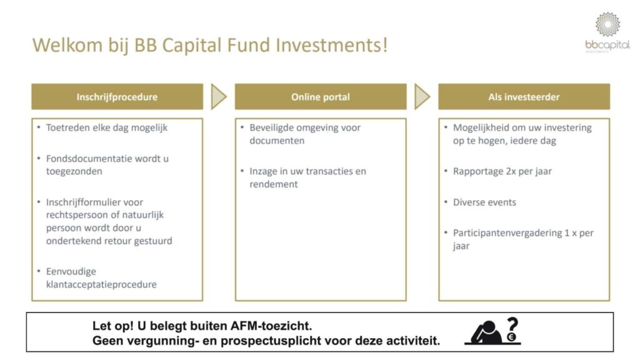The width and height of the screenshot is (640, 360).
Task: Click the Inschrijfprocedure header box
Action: (117, 97)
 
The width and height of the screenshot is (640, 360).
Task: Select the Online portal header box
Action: (320, 97)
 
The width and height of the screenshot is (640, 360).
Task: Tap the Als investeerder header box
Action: (524, 97)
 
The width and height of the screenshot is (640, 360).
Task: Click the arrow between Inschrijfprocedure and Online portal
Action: (218, 97)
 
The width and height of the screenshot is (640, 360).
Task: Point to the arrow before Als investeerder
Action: (422, 97)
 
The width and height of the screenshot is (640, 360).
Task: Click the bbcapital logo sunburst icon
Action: (607, 24)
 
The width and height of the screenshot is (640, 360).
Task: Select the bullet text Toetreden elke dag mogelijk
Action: (107, 127)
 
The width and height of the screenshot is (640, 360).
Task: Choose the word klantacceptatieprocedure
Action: (101, 284)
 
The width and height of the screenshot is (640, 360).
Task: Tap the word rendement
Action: (274, 184)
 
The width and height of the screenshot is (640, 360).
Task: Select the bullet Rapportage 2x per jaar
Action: (502, 171)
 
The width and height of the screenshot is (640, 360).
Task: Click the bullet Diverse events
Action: (484, 202)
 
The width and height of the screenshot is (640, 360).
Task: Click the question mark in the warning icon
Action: (512, 326)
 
